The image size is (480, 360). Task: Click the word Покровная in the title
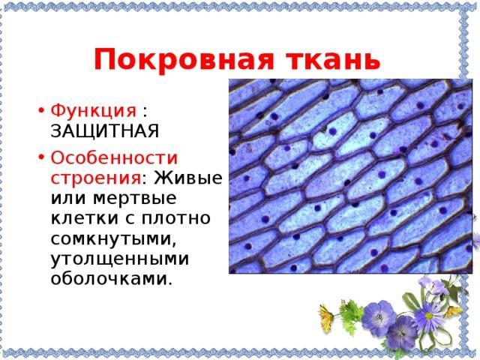click(183, 59)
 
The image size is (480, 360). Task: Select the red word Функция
click(93, 110)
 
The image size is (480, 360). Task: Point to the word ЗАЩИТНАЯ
click(105, 131)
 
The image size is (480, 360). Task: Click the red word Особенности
click(114, 158)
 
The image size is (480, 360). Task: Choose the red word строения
click(95, 178)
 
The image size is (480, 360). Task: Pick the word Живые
click(188, 177)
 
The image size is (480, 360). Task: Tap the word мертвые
click(135, 198)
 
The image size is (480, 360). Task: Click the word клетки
click(85, 217)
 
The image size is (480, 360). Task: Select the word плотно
click(176, 218)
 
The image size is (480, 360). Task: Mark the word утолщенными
click(120, 259)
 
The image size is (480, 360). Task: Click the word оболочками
click(109, 278)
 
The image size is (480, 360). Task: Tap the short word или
click(68, 198)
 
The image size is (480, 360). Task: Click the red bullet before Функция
click(41, 110)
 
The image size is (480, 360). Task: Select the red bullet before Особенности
click(41, 158)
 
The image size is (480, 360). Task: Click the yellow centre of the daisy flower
click(429, 316)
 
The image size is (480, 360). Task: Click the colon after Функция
click(145, 112)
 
